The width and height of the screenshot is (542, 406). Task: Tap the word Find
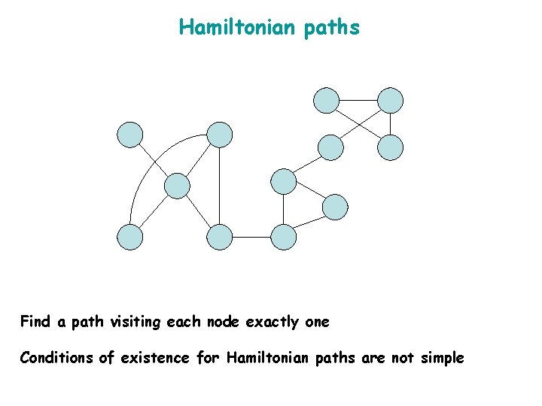point(35,322)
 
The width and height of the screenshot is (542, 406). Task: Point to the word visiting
point(135,322)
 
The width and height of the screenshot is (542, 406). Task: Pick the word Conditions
point(57,358)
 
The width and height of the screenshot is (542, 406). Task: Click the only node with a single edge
point(129,134)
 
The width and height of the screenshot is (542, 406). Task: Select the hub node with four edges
point(177,185)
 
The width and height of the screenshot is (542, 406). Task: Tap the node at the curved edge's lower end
point(129,237)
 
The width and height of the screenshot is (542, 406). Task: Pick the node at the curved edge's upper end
point(220,134)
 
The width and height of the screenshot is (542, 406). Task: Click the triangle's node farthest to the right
point(335,205)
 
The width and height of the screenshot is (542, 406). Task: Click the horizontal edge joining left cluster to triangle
point(251,237)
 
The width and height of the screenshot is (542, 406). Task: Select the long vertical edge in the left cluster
point(220,185)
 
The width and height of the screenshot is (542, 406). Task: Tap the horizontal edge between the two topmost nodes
point(358,100)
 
